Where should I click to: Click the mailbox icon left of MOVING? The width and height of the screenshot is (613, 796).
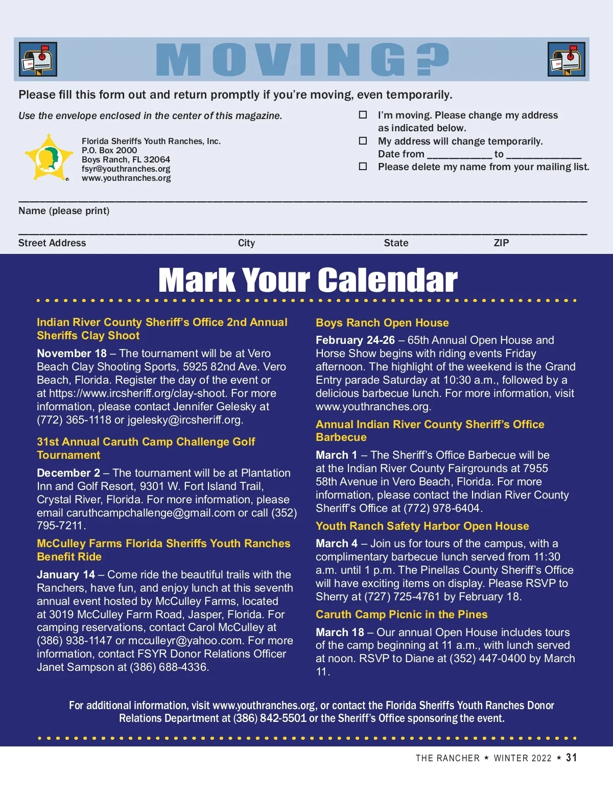point(38,59)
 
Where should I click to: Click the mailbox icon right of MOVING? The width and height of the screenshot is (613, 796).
point(567,59)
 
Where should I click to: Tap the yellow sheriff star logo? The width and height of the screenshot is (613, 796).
point(49,157)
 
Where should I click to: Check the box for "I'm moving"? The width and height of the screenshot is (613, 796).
point(363,115)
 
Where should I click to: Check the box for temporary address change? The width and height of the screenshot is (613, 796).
point(363,141)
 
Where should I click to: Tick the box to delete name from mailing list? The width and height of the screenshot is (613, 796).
point(363,167)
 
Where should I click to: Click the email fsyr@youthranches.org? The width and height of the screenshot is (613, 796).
point(126,169)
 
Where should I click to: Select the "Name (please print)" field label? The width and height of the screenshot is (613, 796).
point(64,211)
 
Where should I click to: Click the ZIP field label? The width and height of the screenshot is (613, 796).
point(501,243)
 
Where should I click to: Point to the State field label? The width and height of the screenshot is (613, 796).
point(396,243)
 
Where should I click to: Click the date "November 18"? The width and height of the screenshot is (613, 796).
point(72,354)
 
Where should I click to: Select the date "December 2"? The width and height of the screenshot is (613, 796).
point(68,473)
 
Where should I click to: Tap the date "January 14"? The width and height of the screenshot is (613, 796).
point(66,575)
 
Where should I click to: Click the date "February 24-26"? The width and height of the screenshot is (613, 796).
point(355,340)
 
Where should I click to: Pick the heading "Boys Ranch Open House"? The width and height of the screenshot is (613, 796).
point(382,323)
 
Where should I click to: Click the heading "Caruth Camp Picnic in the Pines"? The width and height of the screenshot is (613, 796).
point(402,615)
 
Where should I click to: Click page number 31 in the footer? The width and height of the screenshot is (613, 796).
point(571,758)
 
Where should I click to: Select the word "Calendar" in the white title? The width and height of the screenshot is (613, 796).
point(388,280)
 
